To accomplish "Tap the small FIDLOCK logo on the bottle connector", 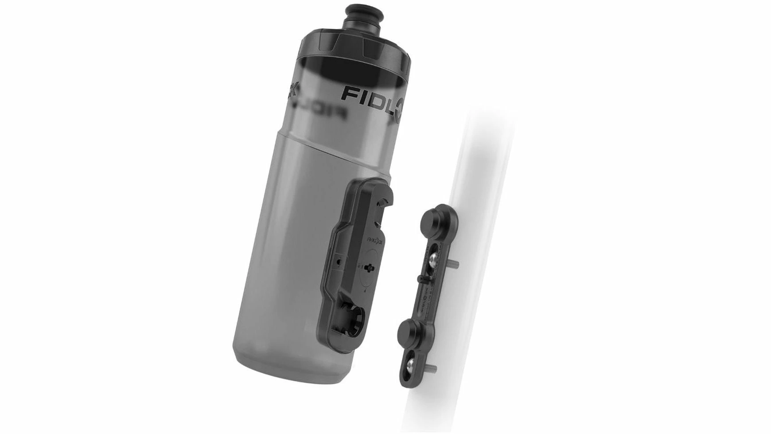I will point(374,240).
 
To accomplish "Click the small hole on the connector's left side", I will point(339,262).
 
